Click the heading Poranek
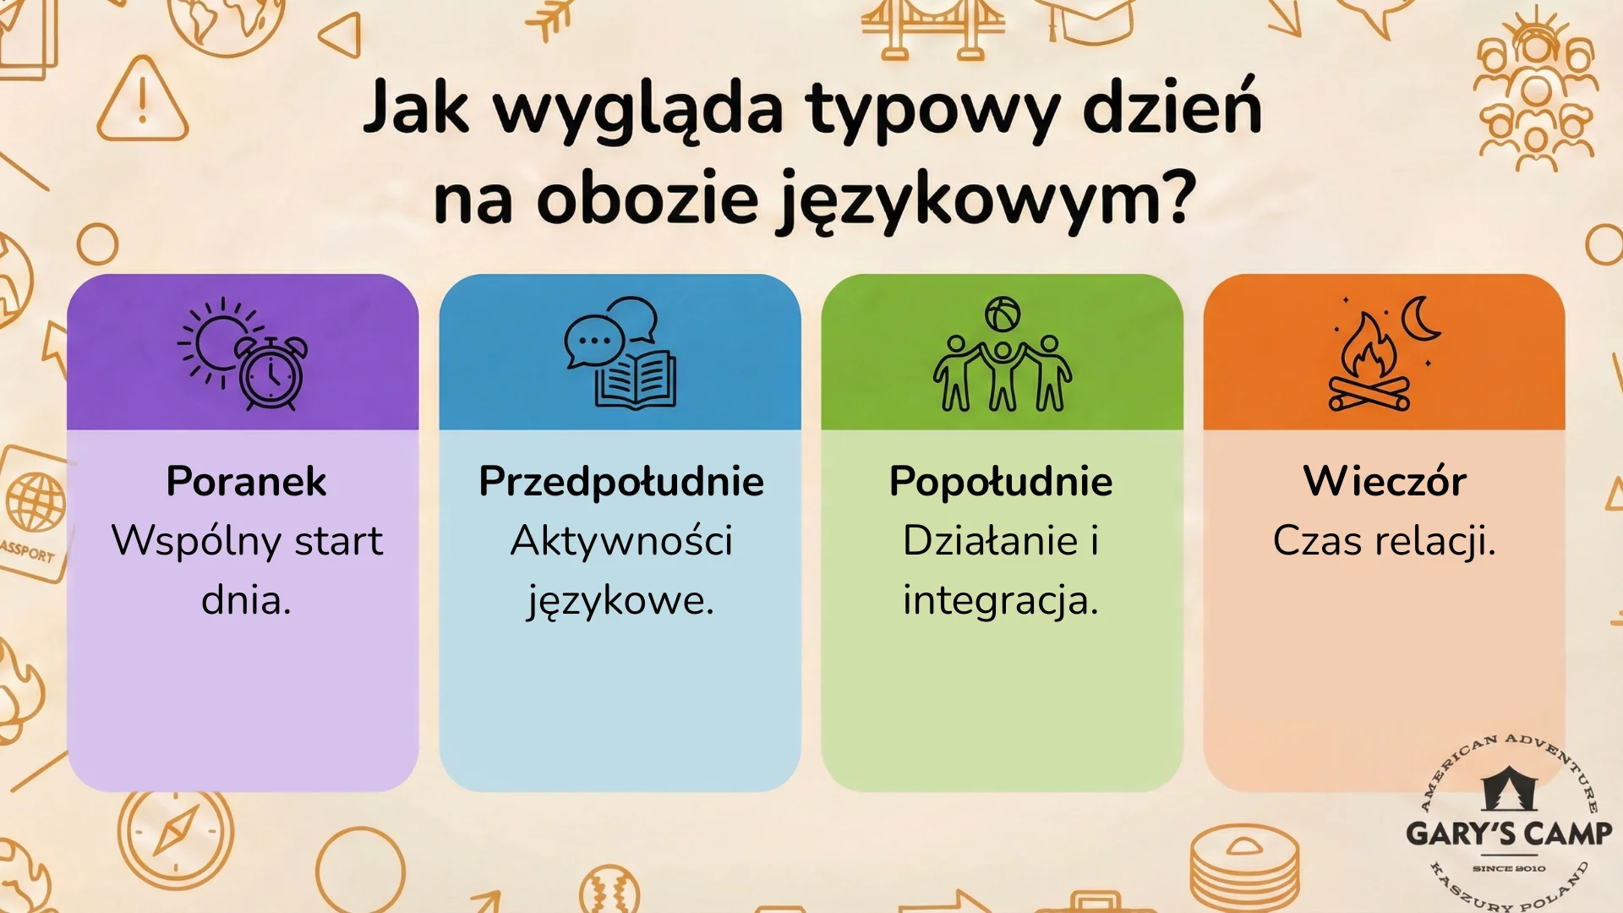pos(246,481)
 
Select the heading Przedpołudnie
pos(621,481)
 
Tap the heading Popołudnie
pos(1001,481)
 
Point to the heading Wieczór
pos(1385,481)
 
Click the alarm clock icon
pos(271,374)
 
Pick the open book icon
pos(636,381)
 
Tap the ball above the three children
pos(1003,314)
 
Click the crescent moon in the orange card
pos(1419,319)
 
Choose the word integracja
pos(1000,601)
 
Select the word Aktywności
pos(621,541)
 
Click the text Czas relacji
pos(1385,541)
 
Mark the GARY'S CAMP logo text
pos(1509,834)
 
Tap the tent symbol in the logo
pos(1509,789)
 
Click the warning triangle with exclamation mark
pos(142,101)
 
